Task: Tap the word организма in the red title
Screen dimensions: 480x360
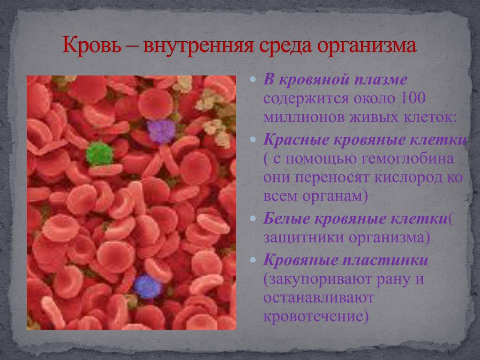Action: pyautogui.click(x=367, y=46)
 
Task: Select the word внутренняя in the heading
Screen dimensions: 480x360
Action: pyautogui.click(x=199, y=46)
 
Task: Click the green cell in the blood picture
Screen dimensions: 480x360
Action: pyautogui.click(x=99, y=153)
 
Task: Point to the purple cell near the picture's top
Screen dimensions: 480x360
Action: pyautogui.click(x=161, y=132)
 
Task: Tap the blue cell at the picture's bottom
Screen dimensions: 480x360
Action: pyautogui.click(x=148, y=286)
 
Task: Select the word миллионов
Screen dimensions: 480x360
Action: pyautogui.click(x=304, y=117)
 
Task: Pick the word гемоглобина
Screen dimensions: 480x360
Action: pyautogui.click(x=407, y=158)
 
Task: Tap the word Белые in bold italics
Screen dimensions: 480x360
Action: pyautogui.click(x=287, y=218)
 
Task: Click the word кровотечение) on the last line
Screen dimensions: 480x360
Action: pyautogui.click(x=315, y=316)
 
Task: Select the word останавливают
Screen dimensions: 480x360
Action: pyautogui.click(x=319, y=298)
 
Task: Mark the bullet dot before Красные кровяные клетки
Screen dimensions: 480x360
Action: pyautogui.click(x=253, y=140)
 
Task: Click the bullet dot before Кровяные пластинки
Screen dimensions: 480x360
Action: pyautogui.click(x=253, y=260)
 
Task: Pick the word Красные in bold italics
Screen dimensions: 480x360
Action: pyautogui.click(x=296, y=140)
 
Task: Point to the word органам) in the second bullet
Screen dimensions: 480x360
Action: pyautogui.click(x=335, y=196)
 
